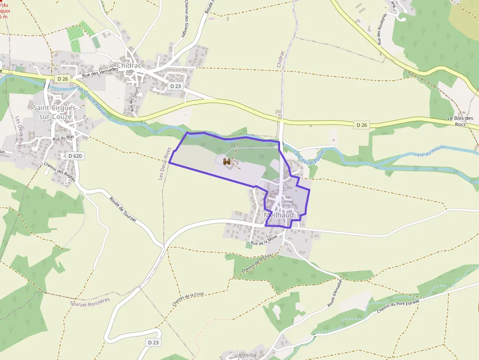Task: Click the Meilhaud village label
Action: point(279,215)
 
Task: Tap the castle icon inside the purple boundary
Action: point(227,161)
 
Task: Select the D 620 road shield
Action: point(74,155)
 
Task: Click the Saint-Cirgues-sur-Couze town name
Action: point(52,112)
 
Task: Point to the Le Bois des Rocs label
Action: point(460,121)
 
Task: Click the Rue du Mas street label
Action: point(63,139)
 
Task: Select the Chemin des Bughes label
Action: point(60,171)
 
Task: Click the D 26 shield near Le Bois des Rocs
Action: point(361,125)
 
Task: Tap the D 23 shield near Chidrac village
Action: point(175,86)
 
